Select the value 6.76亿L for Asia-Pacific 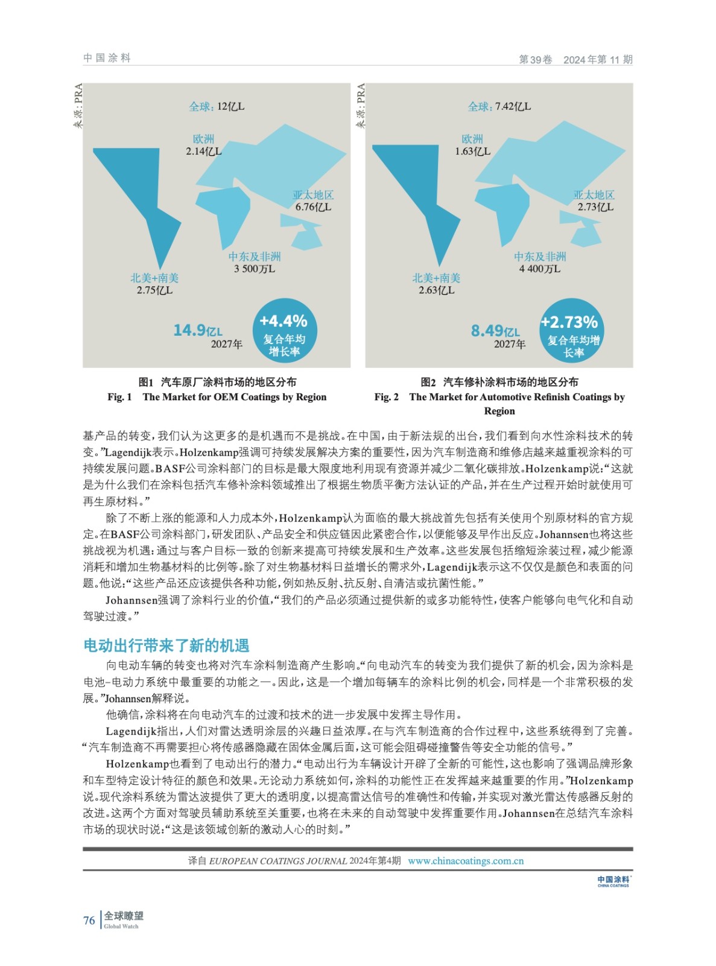(313, 207)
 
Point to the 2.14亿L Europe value (203, 152)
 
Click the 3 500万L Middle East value (255, 269)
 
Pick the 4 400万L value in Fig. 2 (539, 269)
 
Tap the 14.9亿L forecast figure (197, 330)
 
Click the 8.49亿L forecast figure (495, 331)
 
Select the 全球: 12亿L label (217, 107)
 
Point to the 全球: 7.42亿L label (499, 107)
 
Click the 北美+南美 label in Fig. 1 (154, 278)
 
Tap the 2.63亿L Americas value (437, 290)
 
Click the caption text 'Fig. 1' (119, 397)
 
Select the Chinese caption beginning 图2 (499, 382)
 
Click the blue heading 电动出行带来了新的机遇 (166, 645)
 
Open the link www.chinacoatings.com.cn (466, 861)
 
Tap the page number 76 (89, 920)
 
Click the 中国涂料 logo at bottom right (613, 881)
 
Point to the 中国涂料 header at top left (107, 58)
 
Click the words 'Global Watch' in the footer (121, 926)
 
